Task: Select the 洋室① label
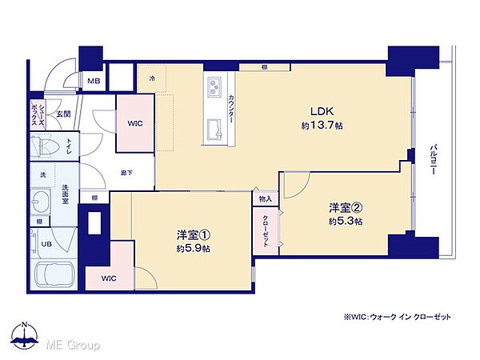click(194, 235)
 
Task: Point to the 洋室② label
click(346, 208)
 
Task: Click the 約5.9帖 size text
click(194, 249)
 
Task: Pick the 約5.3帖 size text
click(346, 222)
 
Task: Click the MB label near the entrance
click(94, 81)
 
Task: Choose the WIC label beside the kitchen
click(134, 124)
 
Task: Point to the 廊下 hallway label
click(126, 172)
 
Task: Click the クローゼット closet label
click(266, 231)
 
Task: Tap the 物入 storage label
click(265, 198)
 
